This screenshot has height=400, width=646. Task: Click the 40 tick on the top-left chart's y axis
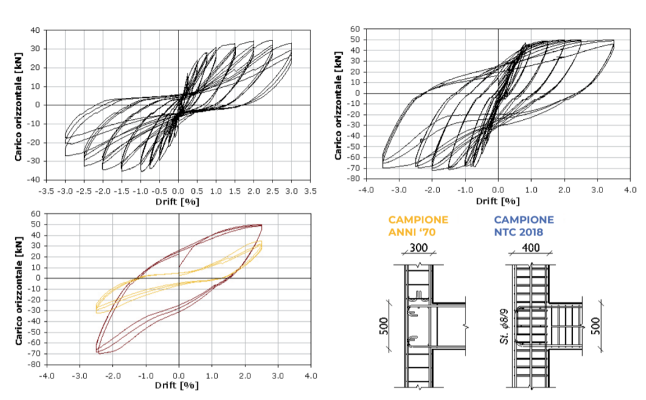click(35, 30)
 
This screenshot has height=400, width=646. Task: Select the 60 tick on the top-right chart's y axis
click(355, 29)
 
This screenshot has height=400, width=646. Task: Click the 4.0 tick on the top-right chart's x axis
click(629, 189)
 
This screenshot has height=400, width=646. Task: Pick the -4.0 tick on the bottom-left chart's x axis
click(47, 375)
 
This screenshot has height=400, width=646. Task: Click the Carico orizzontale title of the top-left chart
click(20, 105)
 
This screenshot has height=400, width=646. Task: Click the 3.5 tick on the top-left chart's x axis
click(310, 189)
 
